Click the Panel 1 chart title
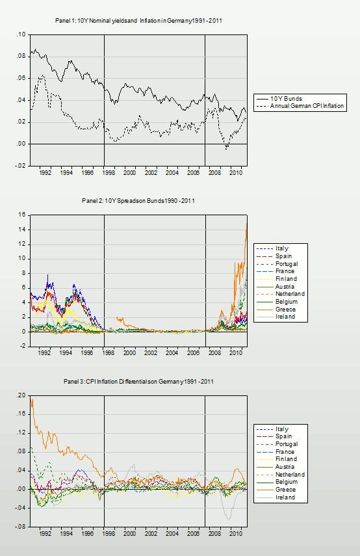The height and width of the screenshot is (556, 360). tap(138, 21)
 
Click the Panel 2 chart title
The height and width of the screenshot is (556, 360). tap(138, 201)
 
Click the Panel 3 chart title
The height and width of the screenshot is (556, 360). tap(138, 382)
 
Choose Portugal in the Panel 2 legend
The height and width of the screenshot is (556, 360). tap(287, 264)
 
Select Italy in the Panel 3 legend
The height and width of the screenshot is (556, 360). tap(282, 429)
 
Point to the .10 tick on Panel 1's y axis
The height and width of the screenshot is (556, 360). tap(21, 34)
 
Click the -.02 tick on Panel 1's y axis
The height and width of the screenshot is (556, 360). tap(20, 166)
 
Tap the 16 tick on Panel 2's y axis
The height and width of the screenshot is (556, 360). tap(22, 215)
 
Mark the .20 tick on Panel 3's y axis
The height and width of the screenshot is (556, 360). tap(21, 396)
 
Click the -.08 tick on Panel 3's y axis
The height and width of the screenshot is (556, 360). tap(20, 527)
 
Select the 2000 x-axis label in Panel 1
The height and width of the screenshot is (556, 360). tap(130, 173)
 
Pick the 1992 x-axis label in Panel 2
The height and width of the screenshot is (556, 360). tap(44, 353)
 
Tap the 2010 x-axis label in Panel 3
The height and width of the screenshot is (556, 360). tap(236, 534)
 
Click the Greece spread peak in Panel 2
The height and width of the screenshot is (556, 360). tap(247, 222)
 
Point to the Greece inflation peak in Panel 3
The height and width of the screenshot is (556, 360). tap(32, 399)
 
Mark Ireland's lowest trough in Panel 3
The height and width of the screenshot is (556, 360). tap(229, 520)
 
